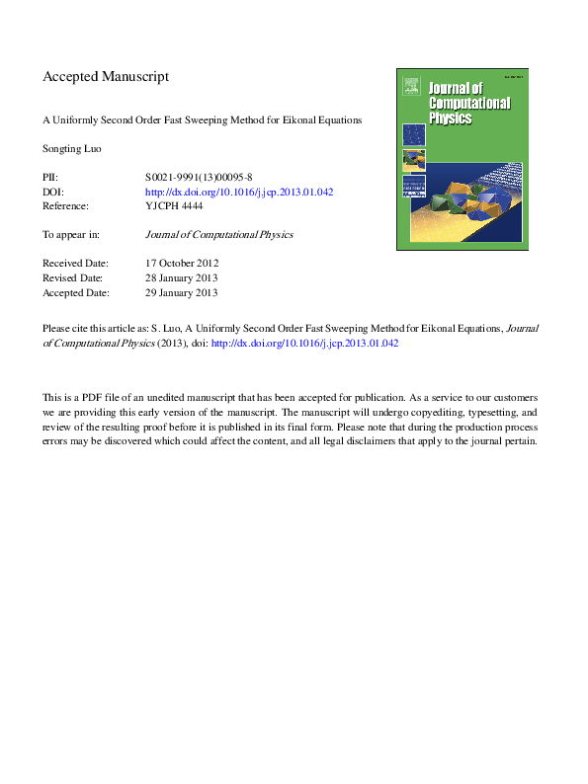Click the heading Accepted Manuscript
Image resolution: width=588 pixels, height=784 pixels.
click(x=106, y=76)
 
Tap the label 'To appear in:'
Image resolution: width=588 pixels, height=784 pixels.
click(x=74, y=235)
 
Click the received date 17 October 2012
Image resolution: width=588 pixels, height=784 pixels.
click(x=182, y=264)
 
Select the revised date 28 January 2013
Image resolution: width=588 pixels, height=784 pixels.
click(x=182, y=278)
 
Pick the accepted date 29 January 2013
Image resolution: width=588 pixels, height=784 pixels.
click(x=182, y=293)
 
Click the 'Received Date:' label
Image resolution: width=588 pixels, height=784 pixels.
click(x=75, y=264)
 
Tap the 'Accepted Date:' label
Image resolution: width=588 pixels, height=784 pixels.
click(x=75, y=293)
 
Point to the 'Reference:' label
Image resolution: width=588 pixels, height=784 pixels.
click(x=66, y=206)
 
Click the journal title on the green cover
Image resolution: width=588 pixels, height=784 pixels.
click(x=469, y=105)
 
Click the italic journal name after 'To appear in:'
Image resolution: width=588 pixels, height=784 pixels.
click(x=218, y=235)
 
